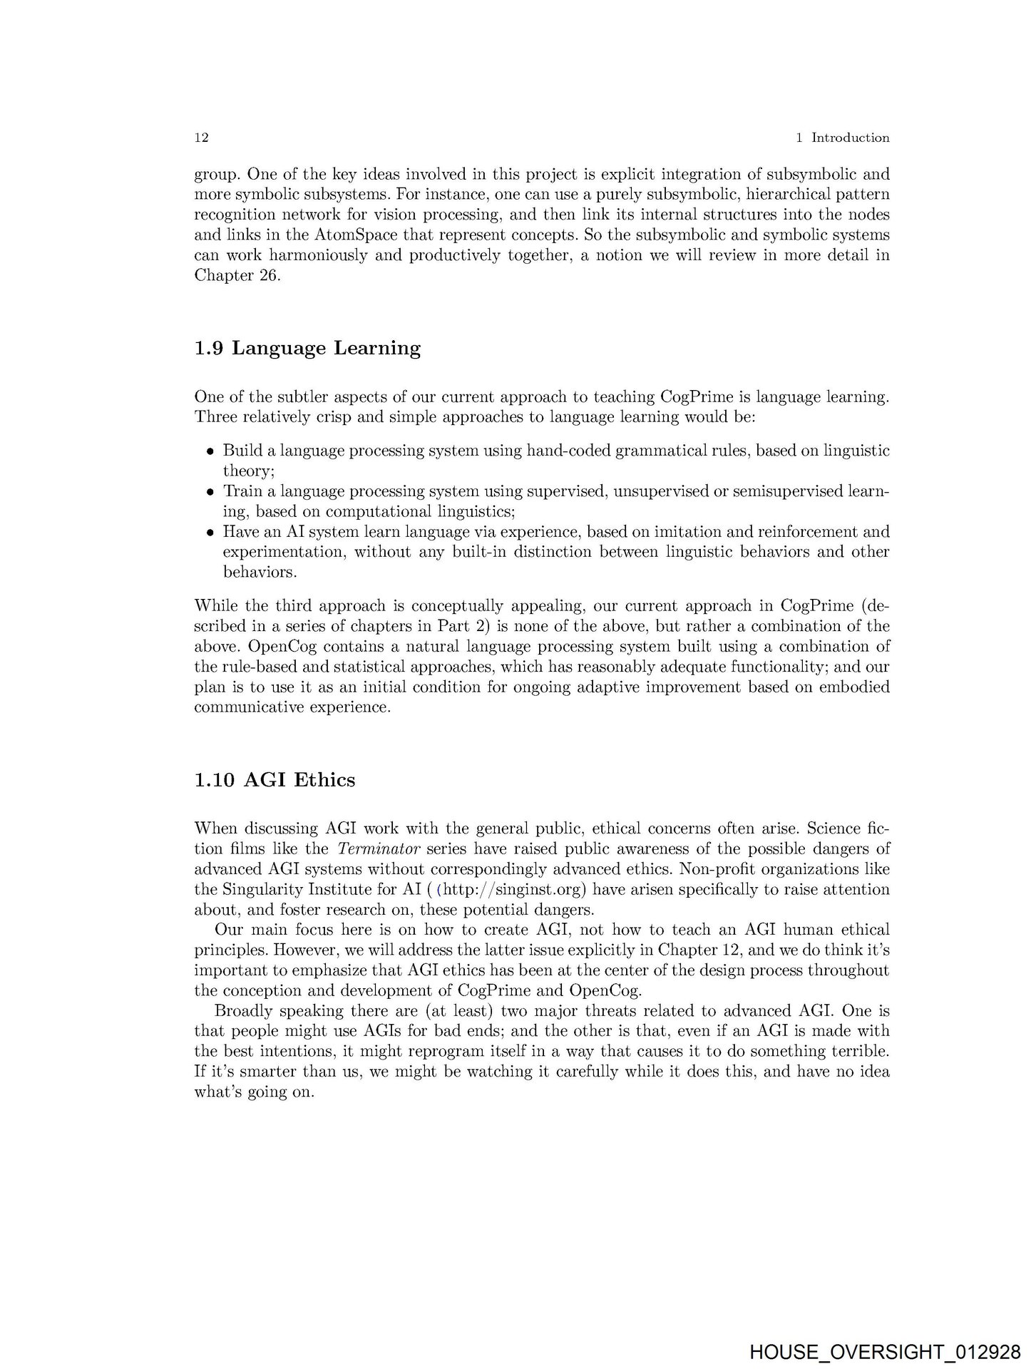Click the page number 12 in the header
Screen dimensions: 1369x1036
click(201, 138)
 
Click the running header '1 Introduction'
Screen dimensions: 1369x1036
click(842, 138)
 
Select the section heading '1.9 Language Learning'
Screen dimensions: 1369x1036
click(307, 348)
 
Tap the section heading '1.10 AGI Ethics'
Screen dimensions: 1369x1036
click(275, 780)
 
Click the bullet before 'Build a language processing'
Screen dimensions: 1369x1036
click(210, 451)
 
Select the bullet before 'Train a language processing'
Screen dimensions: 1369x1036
click(210, 492)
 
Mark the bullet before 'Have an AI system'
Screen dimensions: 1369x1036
click(210, 533)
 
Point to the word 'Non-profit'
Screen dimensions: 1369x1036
click(717, 869)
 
